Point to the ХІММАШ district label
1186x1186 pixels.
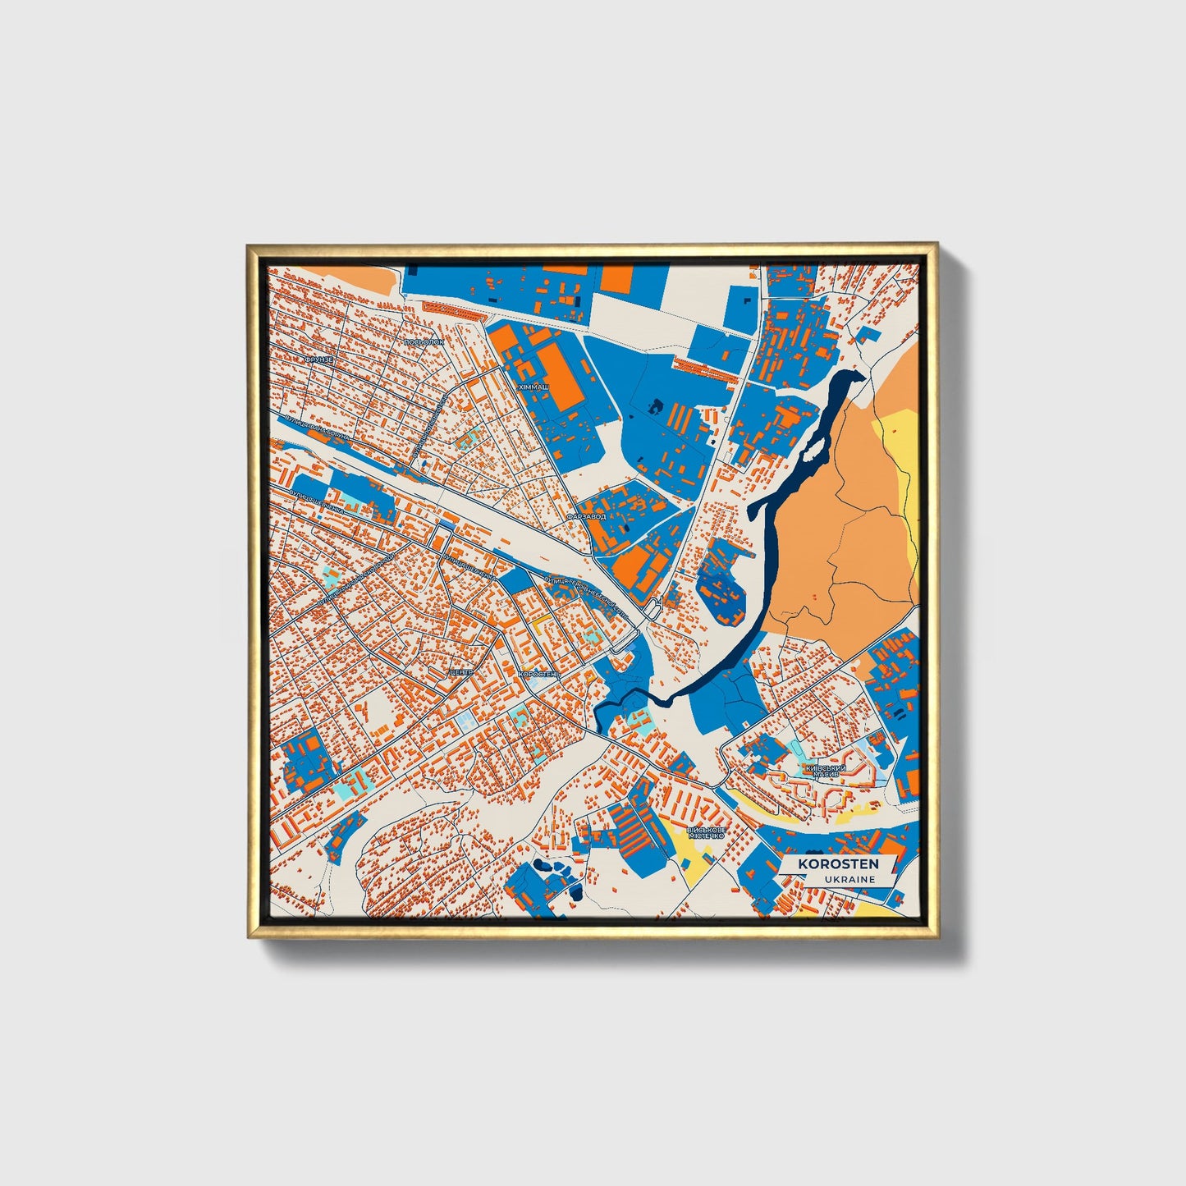pos(533,385)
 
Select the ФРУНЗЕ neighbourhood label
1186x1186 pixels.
pos(318,359)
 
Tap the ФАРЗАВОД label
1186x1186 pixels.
pos(586,517)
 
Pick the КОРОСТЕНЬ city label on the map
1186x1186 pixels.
pos(539,674)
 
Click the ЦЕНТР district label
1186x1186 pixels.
pos(461,672)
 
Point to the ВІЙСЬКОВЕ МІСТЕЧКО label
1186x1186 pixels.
pos(706,832)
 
